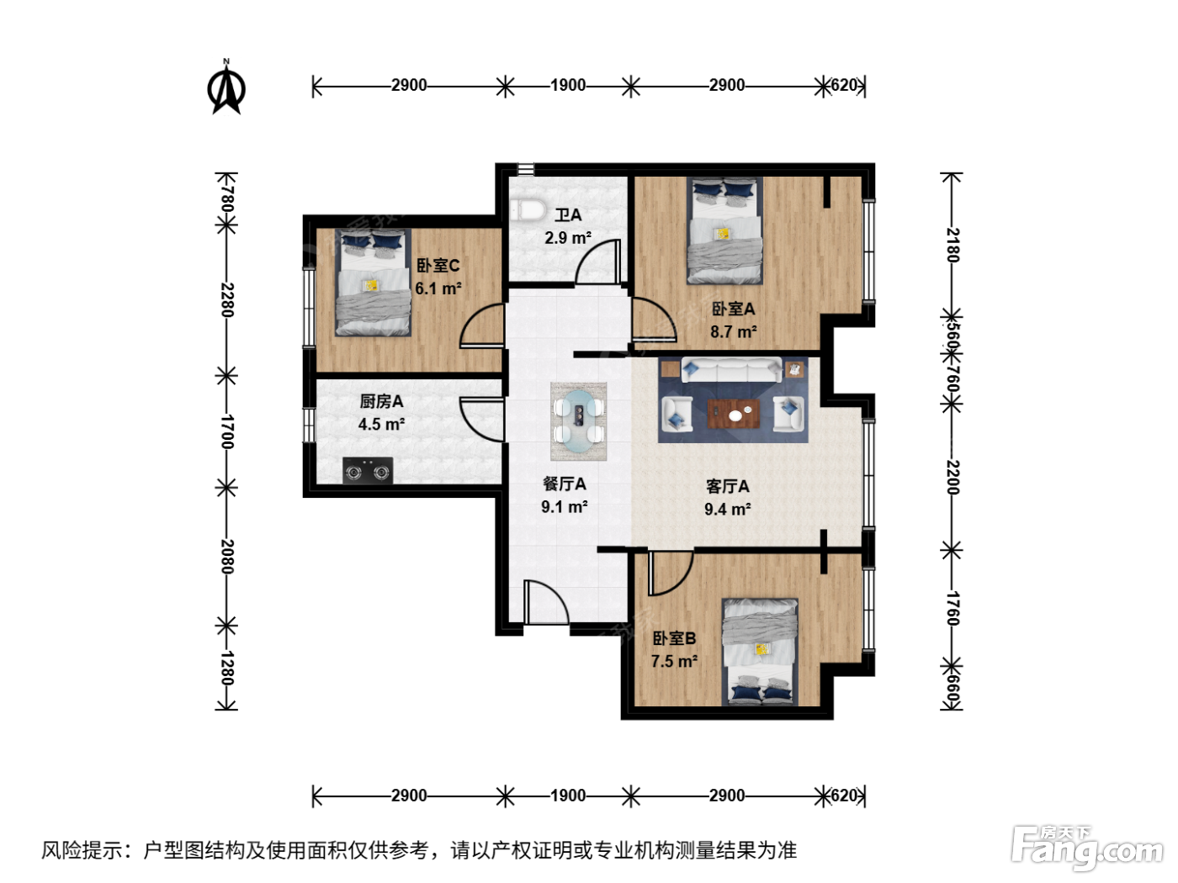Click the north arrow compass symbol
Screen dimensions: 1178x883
click(x=226, y=87)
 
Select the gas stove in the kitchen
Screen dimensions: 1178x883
click(x=368, y=470)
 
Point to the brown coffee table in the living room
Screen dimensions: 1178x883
click(x=733, y=414)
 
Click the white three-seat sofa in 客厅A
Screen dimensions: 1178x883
click(x=731, y=370)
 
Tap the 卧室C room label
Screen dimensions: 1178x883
click(x=438, y=266)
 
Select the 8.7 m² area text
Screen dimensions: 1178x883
click(x=734, y=332)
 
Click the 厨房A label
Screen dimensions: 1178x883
click(x=381, y=401)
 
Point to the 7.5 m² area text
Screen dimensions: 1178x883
click(x=674, y=661)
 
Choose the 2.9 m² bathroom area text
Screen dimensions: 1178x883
click(x=568, y=237)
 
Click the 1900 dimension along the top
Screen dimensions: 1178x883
click(x=568, y=85)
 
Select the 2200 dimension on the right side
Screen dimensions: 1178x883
click(x=952, y=477)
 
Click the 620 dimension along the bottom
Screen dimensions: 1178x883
click(x=844, y=795)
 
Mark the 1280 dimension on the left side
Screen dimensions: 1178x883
click(x=227, y=668)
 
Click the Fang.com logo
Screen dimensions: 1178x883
click(x=1088, y=848)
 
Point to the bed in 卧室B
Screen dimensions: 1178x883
click(x=760, y=652)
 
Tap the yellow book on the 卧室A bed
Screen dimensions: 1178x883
click(x=723, y=233)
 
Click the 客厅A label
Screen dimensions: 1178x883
click(x=727, y=486)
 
